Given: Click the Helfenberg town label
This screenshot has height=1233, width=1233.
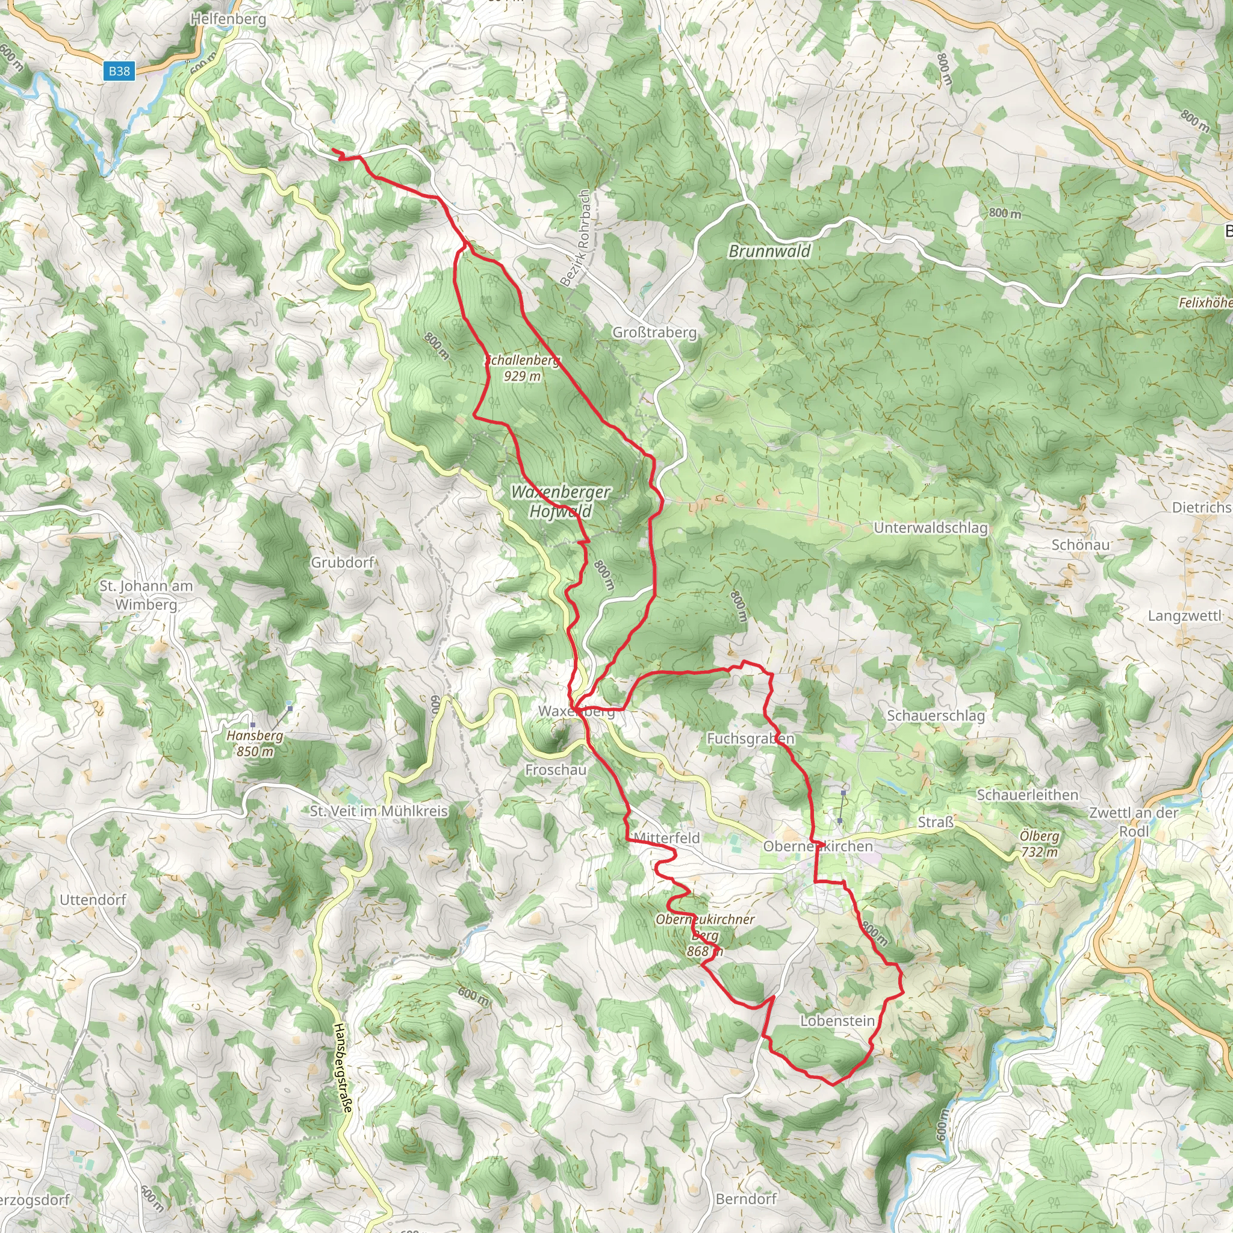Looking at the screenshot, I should [x=228, y=19].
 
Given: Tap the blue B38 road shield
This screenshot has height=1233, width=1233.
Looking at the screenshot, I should [x=119, y=71].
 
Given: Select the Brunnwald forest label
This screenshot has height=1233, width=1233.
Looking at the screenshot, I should [x=769, y=251].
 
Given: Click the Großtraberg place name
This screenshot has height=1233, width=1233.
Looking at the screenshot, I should [x=654, y=332].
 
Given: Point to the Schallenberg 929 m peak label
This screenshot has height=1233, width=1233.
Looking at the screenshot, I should [x=522, y=368].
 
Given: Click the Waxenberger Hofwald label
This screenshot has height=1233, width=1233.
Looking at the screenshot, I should [x=561, y=501].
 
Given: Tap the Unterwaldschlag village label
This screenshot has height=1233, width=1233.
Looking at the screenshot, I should [x=931, y=528].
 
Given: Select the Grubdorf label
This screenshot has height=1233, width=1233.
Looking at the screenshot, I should [x=342, y=562].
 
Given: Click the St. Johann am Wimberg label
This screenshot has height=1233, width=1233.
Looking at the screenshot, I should [x=146, y=595].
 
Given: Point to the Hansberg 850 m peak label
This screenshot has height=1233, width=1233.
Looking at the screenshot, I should [x=255, y=743].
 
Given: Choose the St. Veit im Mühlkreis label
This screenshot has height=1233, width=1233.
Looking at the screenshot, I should [x=379, y=811].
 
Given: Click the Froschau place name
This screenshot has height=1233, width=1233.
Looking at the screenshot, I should [x=555, y=769].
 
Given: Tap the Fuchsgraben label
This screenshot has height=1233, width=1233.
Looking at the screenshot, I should [x=751, y=738].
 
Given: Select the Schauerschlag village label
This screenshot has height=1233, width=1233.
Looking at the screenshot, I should [x=936, y=715].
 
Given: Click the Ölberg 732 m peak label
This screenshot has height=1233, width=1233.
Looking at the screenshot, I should [x=1039, y=843].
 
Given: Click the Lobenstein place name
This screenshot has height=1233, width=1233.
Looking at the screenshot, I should [x=837, y=1020].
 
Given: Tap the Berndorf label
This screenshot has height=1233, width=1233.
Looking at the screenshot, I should [x=746, y=1199].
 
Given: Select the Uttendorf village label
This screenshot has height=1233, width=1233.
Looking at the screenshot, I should [x=93, y=900].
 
